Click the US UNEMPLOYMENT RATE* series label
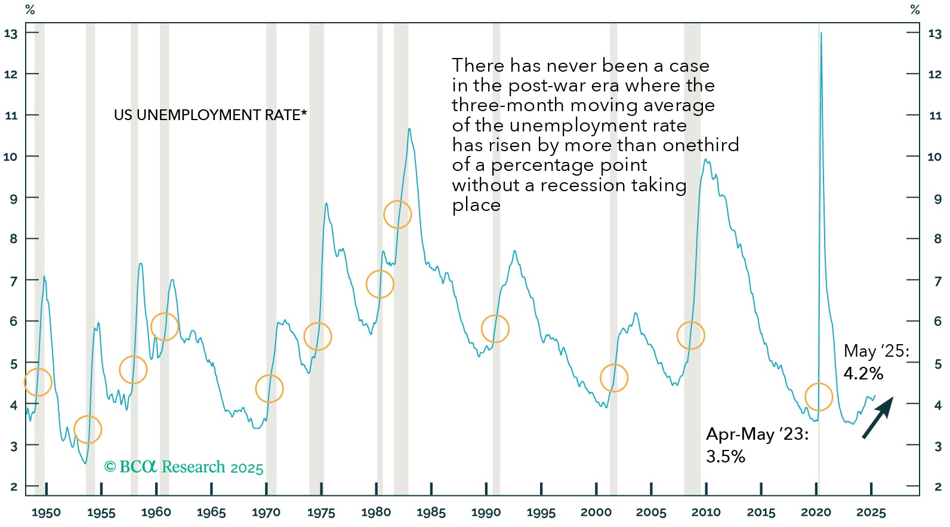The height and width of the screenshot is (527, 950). click(210, 115)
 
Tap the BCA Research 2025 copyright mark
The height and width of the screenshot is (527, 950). click(184, 467)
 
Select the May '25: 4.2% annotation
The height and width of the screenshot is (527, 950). click(876, 362)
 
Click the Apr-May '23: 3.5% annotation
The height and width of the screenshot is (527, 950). click(757, 445)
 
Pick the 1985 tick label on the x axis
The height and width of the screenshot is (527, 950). click(431, 513)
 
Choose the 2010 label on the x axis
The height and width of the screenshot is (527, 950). click(706, 513)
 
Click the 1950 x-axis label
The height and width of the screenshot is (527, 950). click(46, 513)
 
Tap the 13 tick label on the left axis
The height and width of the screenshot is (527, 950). click(11, 33)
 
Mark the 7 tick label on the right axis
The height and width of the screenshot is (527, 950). click(937, 281)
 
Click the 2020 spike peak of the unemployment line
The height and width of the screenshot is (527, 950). click(821, 33)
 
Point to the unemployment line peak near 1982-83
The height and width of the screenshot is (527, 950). click(409, 129)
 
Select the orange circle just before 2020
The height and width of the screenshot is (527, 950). click(818, 397)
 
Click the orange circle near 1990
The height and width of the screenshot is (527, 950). click(495, 329)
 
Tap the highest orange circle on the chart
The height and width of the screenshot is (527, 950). click(397, 214)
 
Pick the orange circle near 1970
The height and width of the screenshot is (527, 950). click(269, 388)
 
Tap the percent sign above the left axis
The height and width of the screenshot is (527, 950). click(30, 10)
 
